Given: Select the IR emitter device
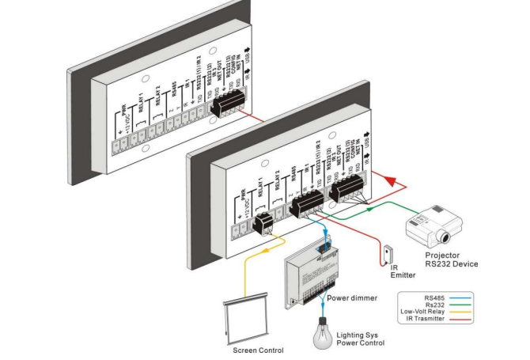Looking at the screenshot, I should [x=387, y=253].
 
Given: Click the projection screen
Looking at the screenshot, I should [x=246, y=320].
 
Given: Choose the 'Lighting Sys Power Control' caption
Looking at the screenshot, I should [x=360, y=339].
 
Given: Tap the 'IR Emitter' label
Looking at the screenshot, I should [x=403, y=271].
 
